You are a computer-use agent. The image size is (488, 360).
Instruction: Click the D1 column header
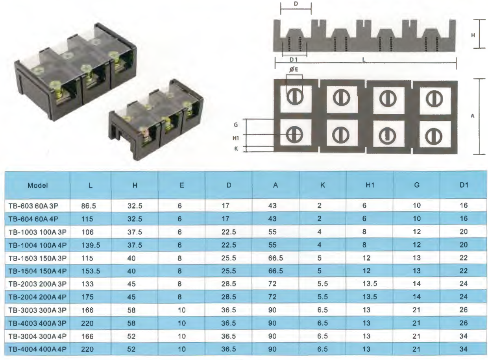[x=463, y=185]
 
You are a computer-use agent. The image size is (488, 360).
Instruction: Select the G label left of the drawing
[x=235, y=124]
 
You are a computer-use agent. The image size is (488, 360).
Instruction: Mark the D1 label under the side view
[x=293, y=59]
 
